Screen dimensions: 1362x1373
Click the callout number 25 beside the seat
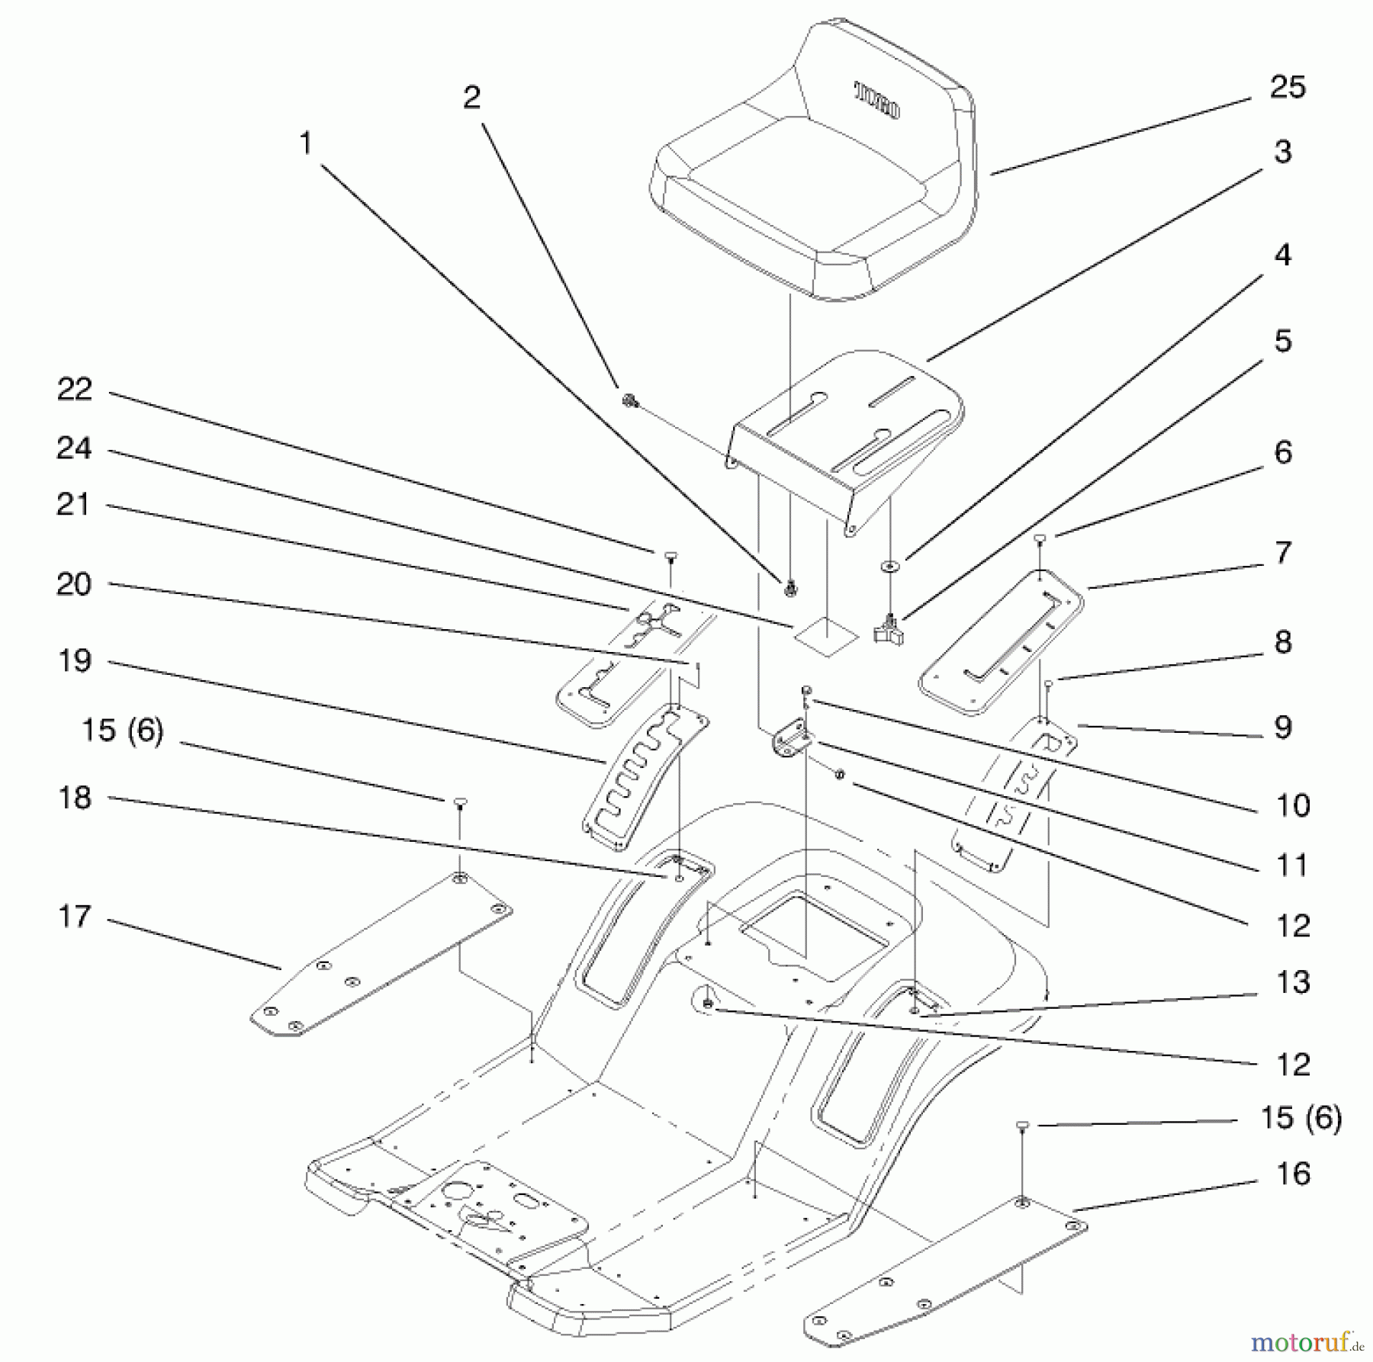coord(1287,88)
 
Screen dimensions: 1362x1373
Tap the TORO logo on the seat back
coord(876,101)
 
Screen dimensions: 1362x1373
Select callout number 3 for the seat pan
coord(1282,153)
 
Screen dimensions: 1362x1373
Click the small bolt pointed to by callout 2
coord(629,400)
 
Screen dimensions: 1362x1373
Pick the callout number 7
coord(1283,553)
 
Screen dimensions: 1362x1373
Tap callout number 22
coord(74,390)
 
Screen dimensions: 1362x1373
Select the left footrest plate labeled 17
coord(381,953)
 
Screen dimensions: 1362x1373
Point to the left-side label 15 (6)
coord(122,731)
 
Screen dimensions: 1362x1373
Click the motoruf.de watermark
coord(1308,1340)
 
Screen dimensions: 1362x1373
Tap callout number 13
coord(1292,982)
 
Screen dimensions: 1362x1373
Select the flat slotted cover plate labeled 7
coord(999,642)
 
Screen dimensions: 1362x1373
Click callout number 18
coord(74,798)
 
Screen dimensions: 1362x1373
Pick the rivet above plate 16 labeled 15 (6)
coord(1023,1126)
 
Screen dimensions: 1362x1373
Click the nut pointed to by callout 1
coord(791,587)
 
